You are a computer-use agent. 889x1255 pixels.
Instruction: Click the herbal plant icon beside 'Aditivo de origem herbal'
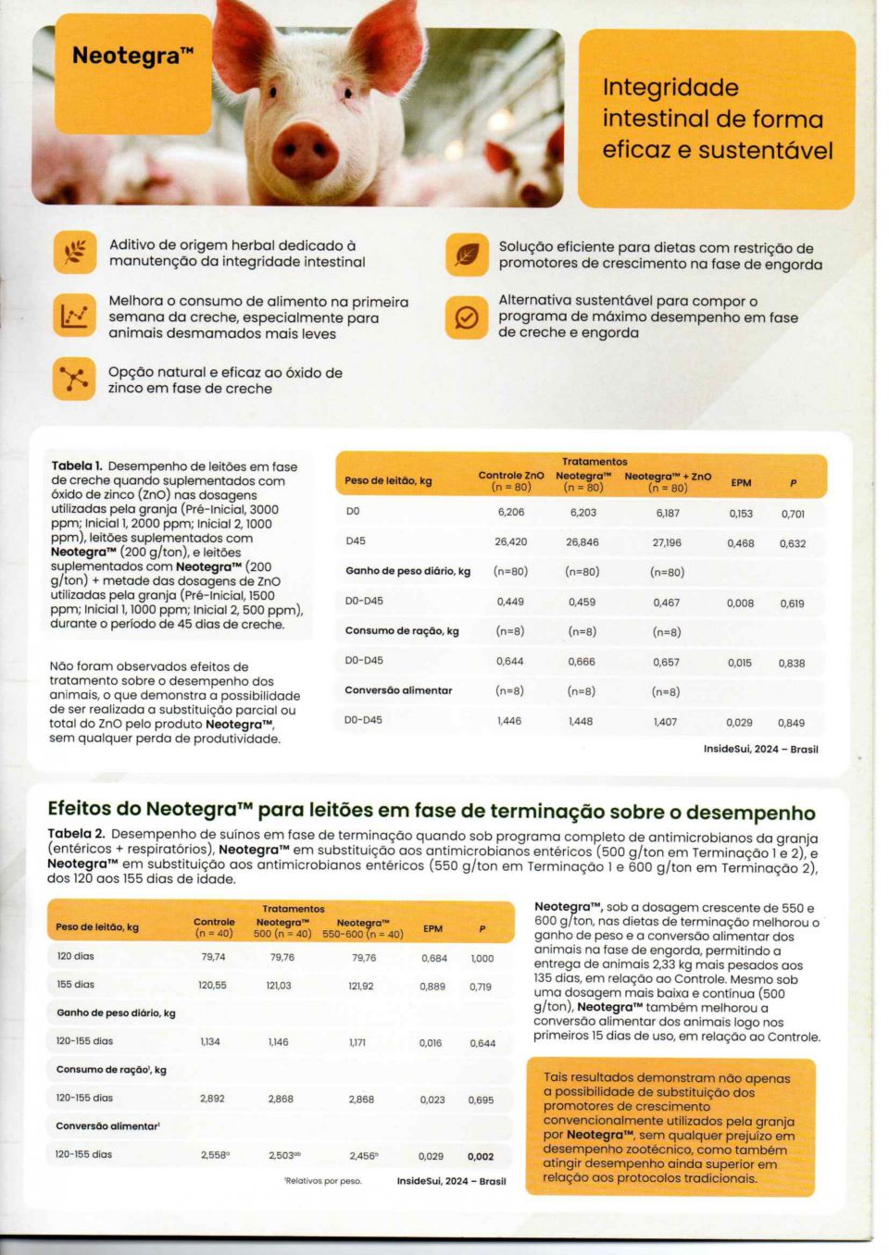point(74,253)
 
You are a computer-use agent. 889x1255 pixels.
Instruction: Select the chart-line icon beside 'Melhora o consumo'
point(74,317)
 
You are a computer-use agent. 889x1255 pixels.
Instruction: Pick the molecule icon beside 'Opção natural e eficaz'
point(74,379)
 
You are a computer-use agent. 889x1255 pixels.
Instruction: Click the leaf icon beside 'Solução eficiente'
point(467,255)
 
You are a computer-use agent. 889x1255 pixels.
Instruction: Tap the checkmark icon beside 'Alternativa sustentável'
point(467,317)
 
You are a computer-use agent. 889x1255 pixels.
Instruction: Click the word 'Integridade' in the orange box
point(670,88)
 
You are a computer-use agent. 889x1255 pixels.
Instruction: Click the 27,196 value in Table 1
point(667,543)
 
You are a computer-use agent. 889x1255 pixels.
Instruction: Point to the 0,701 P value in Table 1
point(793,514)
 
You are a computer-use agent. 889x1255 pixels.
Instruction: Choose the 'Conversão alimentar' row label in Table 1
point(398,690)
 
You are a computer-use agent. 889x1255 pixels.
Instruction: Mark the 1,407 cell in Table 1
point(665,722)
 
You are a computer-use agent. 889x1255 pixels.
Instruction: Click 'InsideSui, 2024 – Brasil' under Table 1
point(760,749)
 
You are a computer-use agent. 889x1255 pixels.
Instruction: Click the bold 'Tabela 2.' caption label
point(76,834)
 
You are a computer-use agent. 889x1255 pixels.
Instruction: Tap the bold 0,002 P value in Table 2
point(481,1156)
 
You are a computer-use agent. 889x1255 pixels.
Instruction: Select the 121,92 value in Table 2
point(361,986)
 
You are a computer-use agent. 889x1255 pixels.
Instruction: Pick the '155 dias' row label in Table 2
point(76,985)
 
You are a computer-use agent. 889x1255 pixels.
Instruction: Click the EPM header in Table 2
point(432,928)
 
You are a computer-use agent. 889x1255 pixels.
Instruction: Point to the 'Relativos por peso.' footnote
point(323,1181)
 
